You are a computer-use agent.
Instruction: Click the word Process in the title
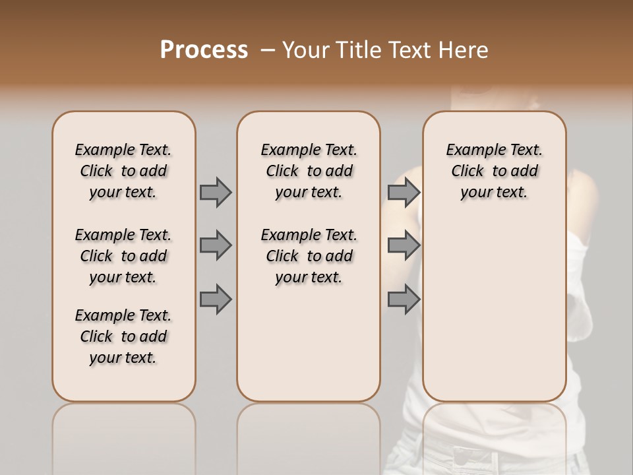point(204,49)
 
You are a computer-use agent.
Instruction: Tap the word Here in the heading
point(465,50)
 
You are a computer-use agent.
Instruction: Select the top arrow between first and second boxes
point(216,192)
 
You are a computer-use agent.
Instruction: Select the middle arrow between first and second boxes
point(216,245)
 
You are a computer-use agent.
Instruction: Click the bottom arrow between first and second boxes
point(216,300)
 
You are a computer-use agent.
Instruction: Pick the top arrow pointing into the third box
point(404,192)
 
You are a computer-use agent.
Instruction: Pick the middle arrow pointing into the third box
point(404,245)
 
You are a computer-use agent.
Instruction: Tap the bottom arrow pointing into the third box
point(404,300)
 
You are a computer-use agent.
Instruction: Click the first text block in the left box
point(123,171)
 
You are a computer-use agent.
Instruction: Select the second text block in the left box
point(123,256)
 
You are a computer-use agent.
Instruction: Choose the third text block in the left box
point(123,336)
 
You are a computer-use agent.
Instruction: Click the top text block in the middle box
point(309,171)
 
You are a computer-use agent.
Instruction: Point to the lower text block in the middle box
point(309,256)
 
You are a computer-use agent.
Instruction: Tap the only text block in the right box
point(494,171)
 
